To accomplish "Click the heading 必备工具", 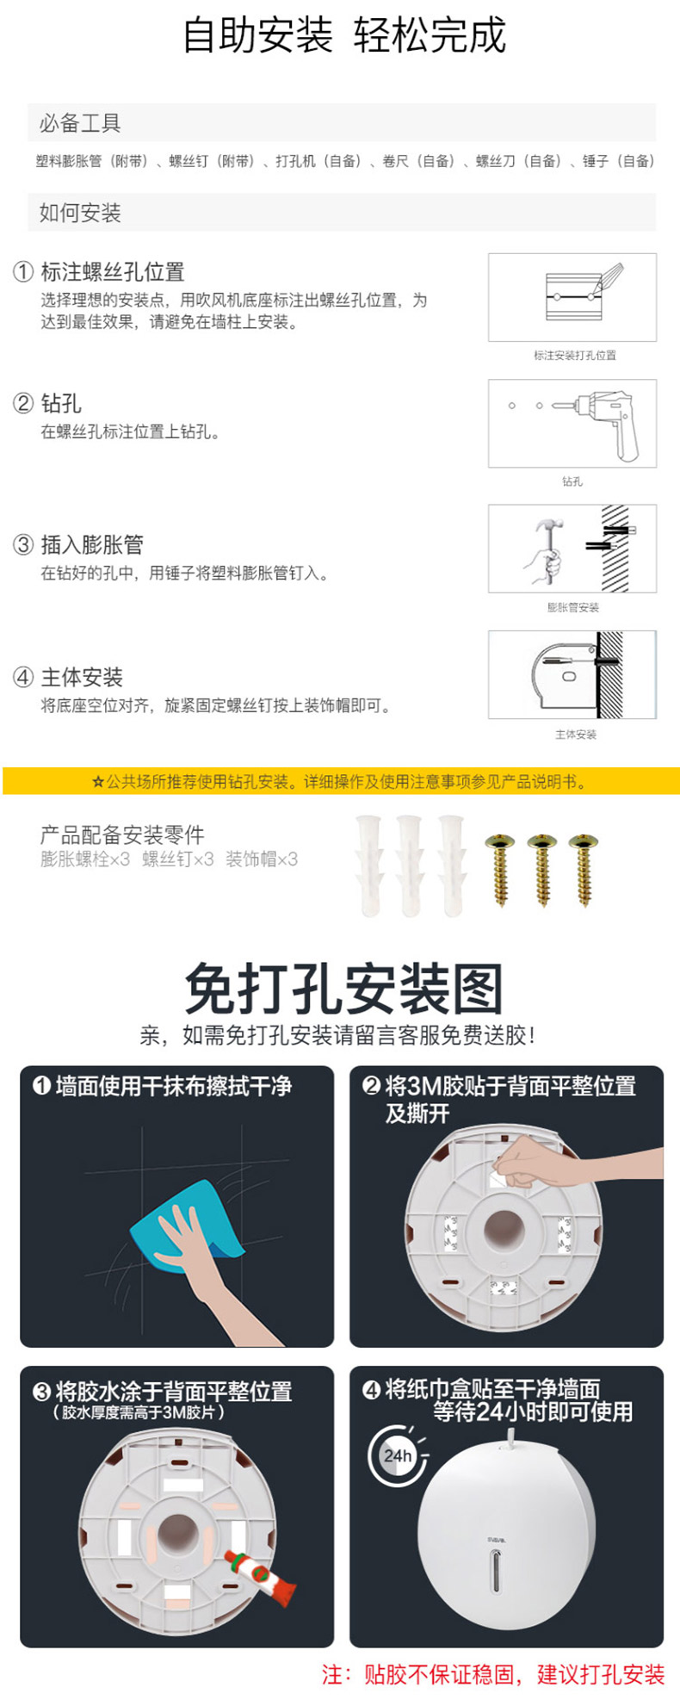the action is click(80, 123).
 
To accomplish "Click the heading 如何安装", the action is click(80, 213).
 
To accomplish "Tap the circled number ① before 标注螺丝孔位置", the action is click(22, 272).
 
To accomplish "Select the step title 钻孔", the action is click(61, 403).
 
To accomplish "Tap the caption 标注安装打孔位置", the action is click(574, 355).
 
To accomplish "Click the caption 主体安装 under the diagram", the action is click(576, 735).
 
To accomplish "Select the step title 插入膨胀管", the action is click(92, 544).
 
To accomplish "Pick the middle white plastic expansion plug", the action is click(409, 864).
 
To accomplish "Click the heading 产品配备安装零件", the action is click(122, 834).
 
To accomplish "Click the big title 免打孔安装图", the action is click(343, 989).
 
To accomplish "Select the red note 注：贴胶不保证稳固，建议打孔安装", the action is click(493, 1674).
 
